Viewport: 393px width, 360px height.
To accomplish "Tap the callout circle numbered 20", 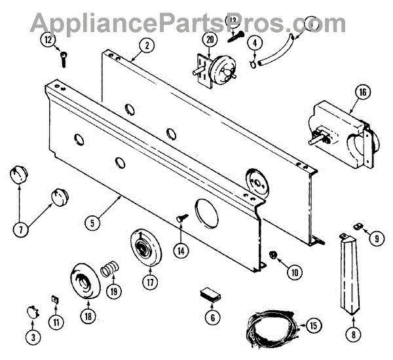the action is click(x=209, y=39).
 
